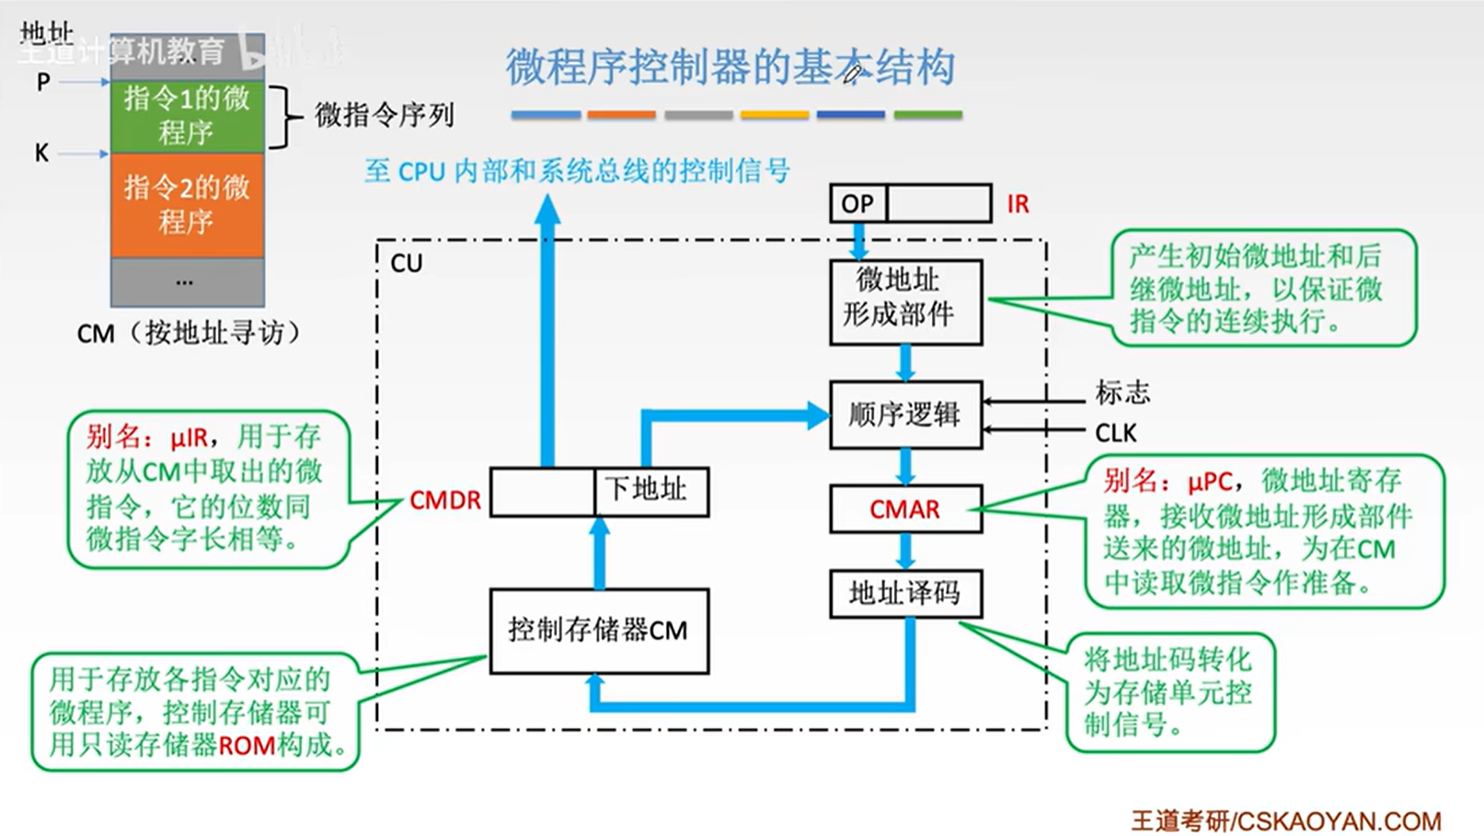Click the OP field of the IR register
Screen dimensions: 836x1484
pos(857,204)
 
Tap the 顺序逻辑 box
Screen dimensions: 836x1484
pos(905,415)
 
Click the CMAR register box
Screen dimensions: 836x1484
pos(905,510)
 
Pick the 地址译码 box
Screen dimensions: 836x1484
pos(905,593)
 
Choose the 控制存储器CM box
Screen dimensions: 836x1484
pos(599,631)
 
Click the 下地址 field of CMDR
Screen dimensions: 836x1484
pos(650,491)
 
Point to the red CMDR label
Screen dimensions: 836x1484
pos(445,500)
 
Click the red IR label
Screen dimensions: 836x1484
pos(1018,204)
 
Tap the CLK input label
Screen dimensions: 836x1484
pos(1116,433)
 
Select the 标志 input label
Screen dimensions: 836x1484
pos(1122,393)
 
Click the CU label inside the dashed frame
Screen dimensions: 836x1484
pos(407,264)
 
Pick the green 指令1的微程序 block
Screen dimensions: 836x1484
pos(187,116)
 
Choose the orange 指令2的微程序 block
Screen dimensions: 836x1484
pos(187,204)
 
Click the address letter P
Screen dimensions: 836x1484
pos(43,83)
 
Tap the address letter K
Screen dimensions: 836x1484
pos(42,154)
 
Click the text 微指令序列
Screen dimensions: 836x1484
pos(385,115)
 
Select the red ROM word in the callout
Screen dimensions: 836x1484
pos(247,745)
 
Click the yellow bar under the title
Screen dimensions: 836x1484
pos(775,115)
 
